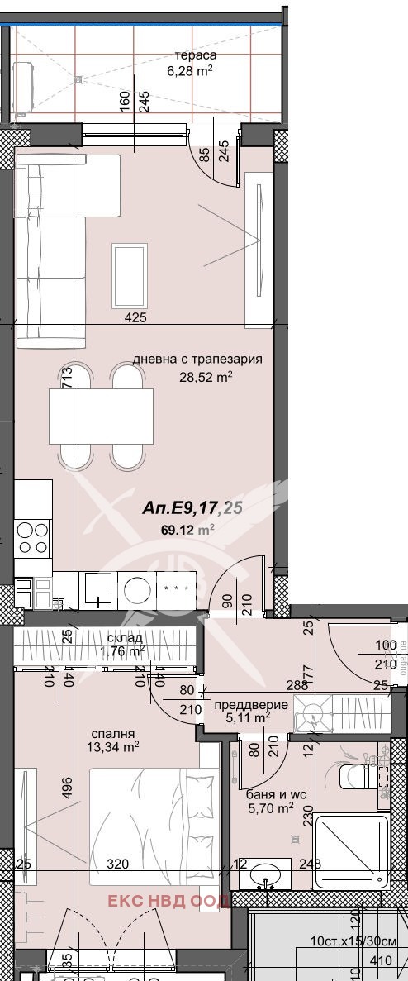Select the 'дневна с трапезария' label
197,360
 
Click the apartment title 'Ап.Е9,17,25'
192,507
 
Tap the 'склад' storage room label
125,638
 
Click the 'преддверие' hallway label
251,704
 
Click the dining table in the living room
101,417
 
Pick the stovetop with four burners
32,536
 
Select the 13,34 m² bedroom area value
120,749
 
